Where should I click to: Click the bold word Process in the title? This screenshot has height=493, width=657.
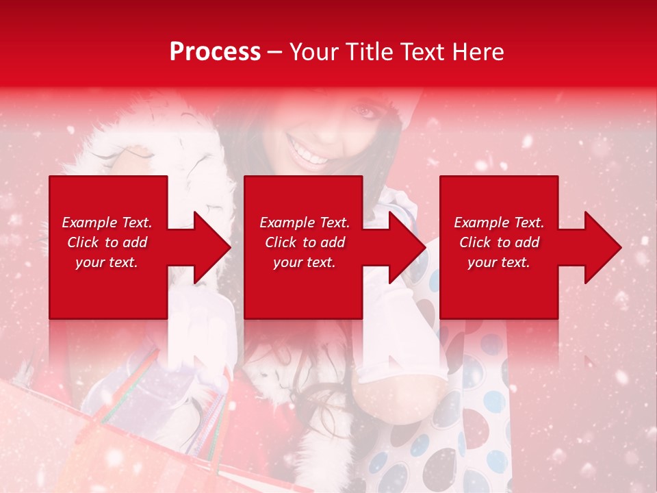point(215,52)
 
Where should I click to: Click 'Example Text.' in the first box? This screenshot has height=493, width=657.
point(107,223)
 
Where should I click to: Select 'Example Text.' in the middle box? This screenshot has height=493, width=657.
point(305,223)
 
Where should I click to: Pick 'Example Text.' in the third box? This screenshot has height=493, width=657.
point(499,223)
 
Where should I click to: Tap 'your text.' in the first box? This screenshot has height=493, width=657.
point(107,262)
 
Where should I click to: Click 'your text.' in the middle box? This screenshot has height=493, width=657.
point(305,262)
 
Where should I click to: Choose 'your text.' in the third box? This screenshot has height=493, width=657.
point(499,262)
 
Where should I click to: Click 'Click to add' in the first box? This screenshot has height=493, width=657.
point(107,242)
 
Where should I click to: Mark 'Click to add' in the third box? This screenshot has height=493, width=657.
point(499,242)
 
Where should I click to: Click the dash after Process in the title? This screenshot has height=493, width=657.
point(275,53)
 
